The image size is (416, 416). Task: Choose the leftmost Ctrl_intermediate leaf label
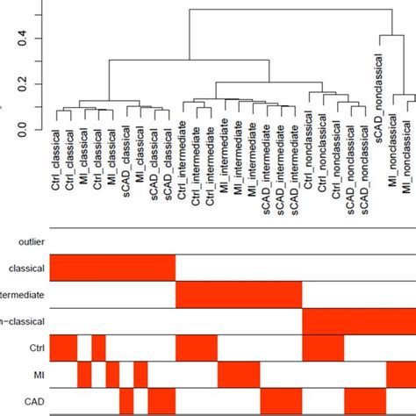(183, 176)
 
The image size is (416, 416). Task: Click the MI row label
(37, 376)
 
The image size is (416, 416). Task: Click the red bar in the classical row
(112, 268)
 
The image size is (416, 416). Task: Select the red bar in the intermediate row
(239, 294)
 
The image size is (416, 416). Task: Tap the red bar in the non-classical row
(359, 321)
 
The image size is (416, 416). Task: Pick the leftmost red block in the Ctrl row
(63, 348)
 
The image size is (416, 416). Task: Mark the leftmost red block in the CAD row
(126, 403)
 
